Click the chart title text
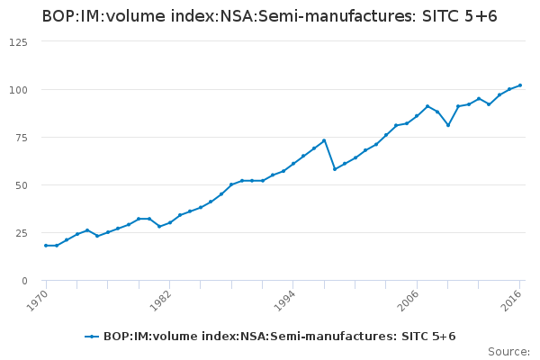pos(269,16)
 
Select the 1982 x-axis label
pos(162,300)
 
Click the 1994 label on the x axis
pos(285,300)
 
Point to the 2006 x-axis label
pos(409,300)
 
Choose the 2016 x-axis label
pos(513,300)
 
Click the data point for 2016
pos(520,85)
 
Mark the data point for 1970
pos(46,246)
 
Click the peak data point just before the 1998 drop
pos(324,140)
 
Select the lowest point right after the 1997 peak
pos(335,169)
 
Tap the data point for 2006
pos(417,116)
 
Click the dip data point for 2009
pos(448,125)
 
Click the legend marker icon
pos(92,337)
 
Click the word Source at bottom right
pos(508,351)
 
